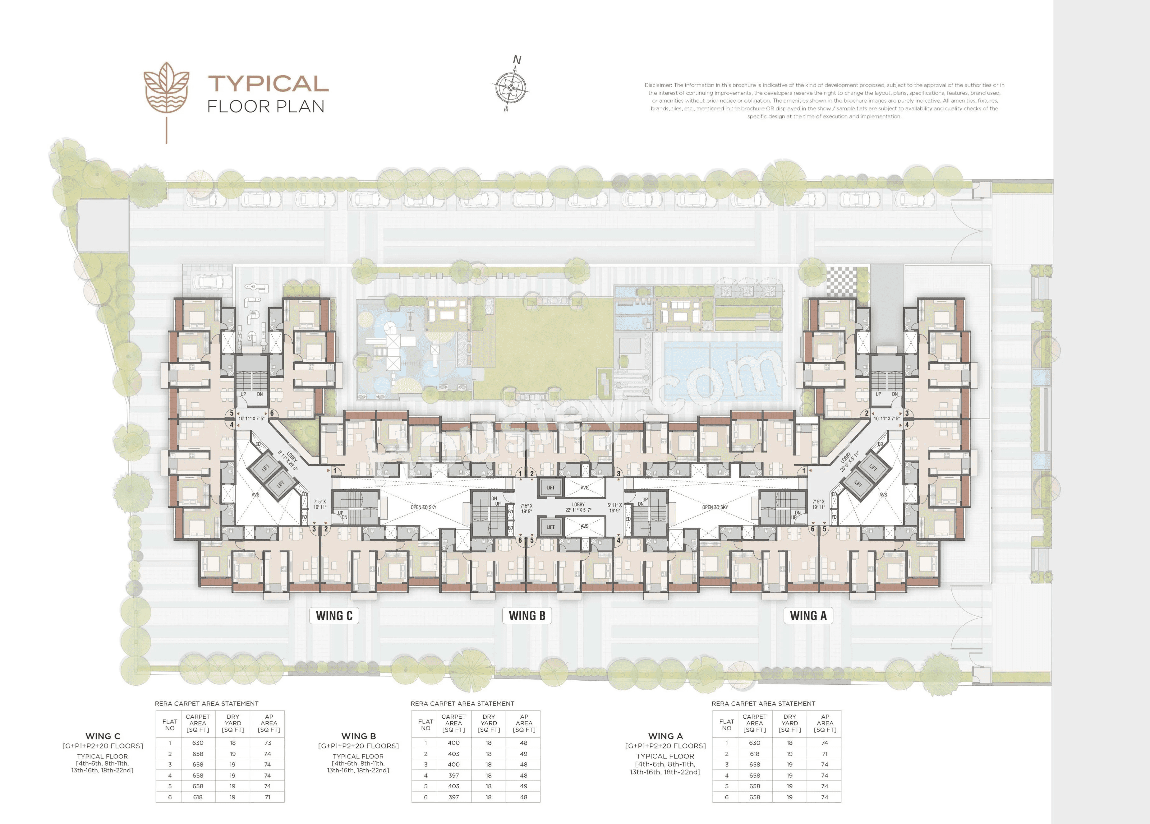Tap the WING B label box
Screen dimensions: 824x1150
527,615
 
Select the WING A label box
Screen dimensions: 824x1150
808,615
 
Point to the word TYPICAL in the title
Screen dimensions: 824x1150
268,84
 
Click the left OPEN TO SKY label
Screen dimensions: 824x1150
423,507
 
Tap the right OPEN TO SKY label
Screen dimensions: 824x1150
715,507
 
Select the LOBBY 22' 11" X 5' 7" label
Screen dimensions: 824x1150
578,507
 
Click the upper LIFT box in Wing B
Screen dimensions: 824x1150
551,488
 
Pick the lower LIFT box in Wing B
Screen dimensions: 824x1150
551,527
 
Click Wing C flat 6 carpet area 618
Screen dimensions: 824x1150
198,797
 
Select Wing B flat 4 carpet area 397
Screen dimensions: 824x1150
453,775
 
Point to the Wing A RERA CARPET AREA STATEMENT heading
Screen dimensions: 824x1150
763,703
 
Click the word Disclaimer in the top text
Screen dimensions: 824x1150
658,85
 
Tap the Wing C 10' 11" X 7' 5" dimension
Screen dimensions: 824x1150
251,419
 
